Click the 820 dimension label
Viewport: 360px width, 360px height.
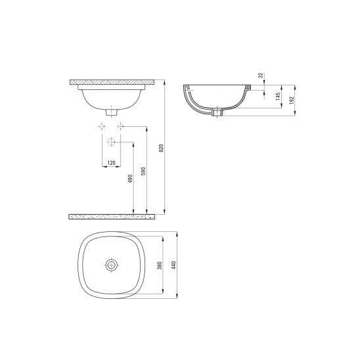click(x=161, y=148)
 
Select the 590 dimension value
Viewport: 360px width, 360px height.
click(x=143, y=171)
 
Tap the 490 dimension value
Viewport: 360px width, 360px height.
click(x=131, y=179)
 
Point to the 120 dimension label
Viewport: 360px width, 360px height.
click(x=112, y=163)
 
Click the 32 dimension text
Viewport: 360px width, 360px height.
click(x=261, y=76)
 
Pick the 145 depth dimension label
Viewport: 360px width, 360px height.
click(x=279, y=96)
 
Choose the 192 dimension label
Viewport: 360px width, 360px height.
click(x=292, y=101)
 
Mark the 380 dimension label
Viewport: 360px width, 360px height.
click(x=160, y=265)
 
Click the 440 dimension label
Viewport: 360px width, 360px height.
click(x=173, y=265)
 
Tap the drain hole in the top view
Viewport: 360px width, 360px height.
click(x=112, y=265)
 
